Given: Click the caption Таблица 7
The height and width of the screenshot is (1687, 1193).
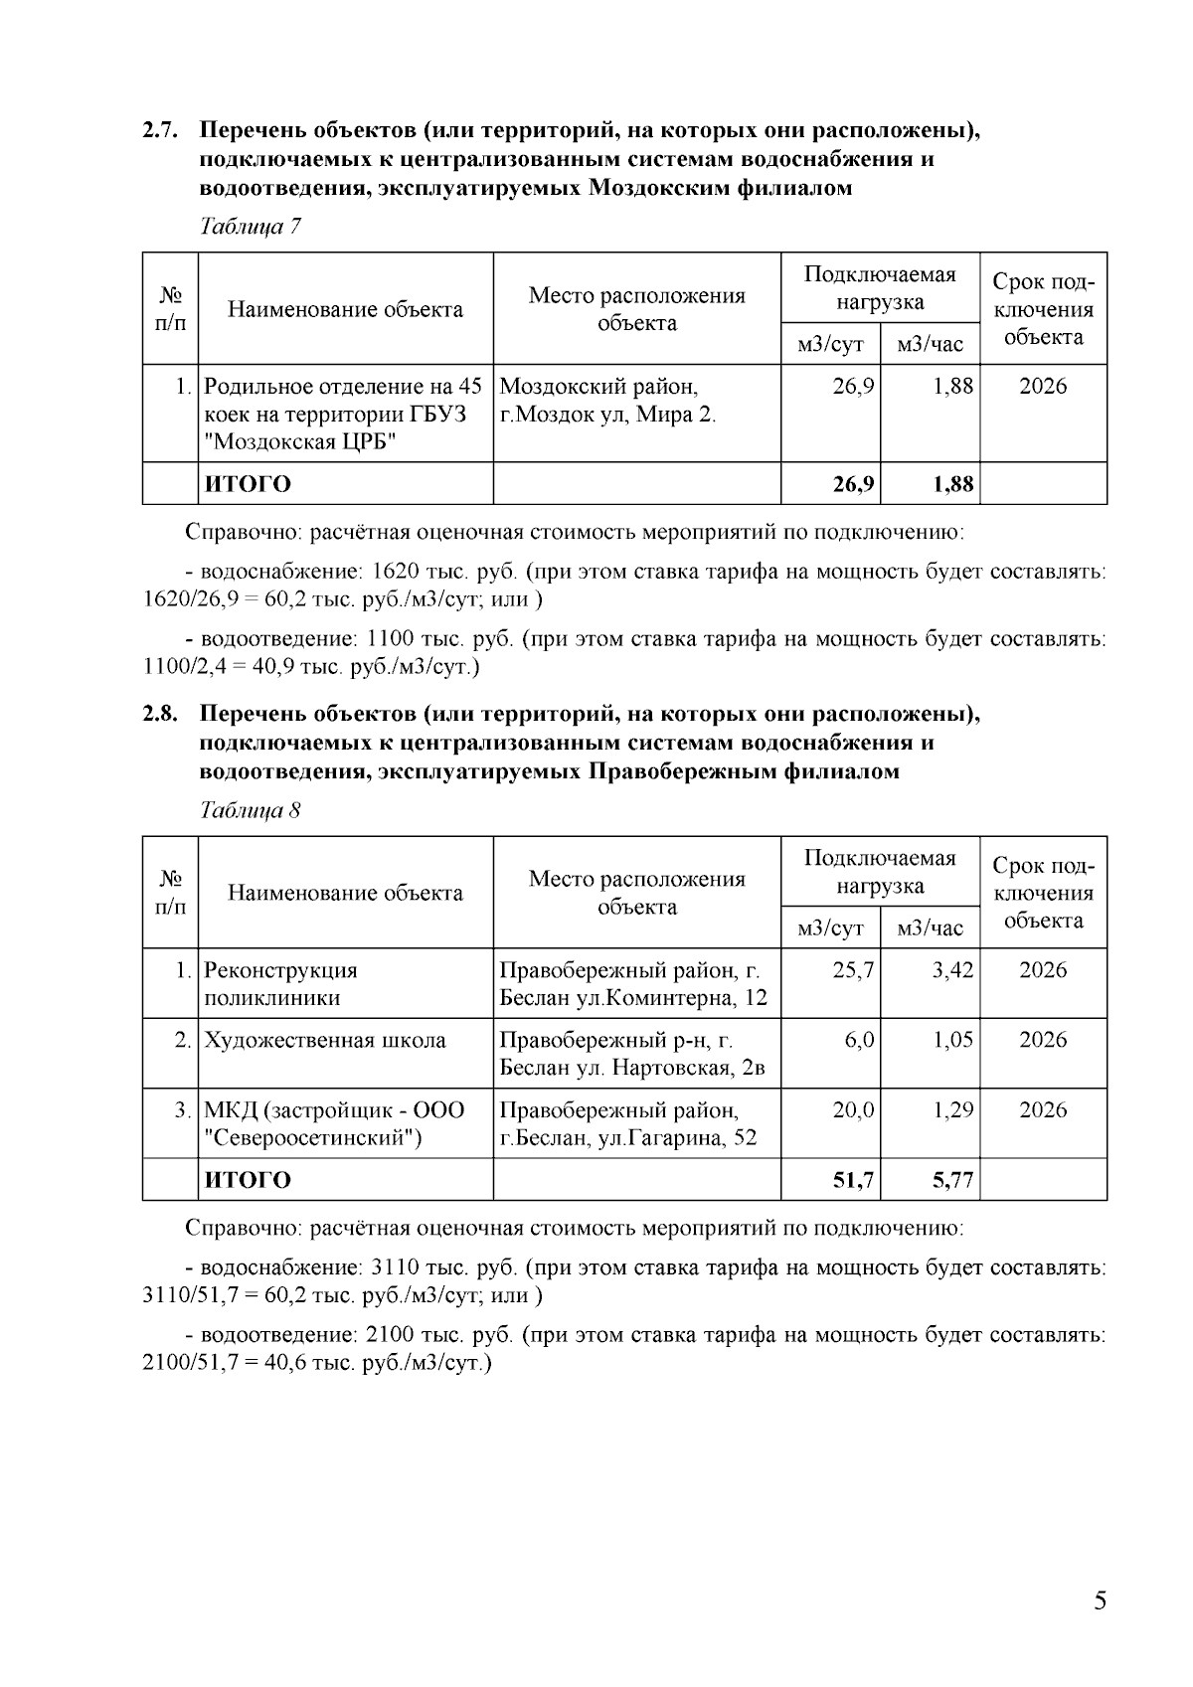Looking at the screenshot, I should pyautogui.click(x=251, y=227).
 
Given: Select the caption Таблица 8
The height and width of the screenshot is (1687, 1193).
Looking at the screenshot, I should pyautogui.click(x=251, y=810).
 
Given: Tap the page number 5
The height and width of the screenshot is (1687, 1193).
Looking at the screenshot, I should pyautogui.click(x=1100, y=1601).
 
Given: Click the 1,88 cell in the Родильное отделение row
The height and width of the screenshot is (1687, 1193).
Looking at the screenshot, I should pyautogui.click(x=952, y=387).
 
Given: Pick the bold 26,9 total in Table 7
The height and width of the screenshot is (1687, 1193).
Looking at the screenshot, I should pyautogui.click(x=853, y=484).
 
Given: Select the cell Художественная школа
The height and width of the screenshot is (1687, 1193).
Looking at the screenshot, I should pyautogui.click(x=325, y=1041).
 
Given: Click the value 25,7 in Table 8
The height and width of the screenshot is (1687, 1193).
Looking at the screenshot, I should pyautogui.click(x=853, y=970).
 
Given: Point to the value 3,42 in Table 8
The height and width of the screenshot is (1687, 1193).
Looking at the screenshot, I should pyautogui.click(x=952, y=970).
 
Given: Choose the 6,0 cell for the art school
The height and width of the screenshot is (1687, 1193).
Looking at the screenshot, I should pyautogui.click(x=859, y=1041).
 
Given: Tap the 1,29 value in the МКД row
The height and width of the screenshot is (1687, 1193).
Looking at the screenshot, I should pyautogui.click(x=952, y=1110).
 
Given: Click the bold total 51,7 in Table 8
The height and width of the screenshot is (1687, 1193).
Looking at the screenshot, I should pyautogui.click(x=853, y=1180).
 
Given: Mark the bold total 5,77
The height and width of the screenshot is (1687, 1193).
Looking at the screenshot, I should pyautogui.click(x=952, y=1180).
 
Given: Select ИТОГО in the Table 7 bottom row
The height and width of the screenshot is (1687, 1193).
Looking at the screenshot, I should pyautogui.click(x=248, y=484).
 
